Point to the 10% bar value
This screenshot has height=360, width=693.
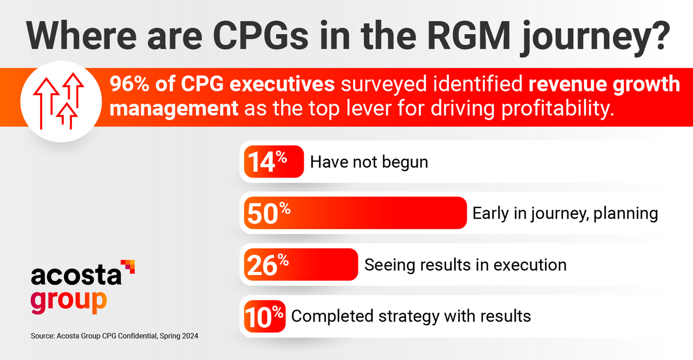[x=264, y=316]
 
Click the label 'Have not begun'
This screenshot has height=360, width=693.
[x=369, y=162]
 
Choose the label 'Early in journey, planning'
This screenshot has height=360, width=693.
[x=565, y=213]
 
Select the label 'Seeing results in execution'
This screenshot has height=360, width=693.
[x=465, y=265]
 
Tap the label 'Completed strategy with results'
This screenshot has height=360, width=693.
[x=411, y=316]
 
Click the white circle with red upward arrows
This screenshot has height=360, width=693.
[x=61, y=102]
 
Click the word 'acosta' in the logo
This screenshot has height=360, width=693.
[x=76, y=276]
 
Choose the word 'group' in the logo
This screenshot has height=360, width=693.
[x=68, y=301]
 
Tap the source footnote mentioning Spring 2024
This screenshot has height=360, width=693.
[x=114, y=336]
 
